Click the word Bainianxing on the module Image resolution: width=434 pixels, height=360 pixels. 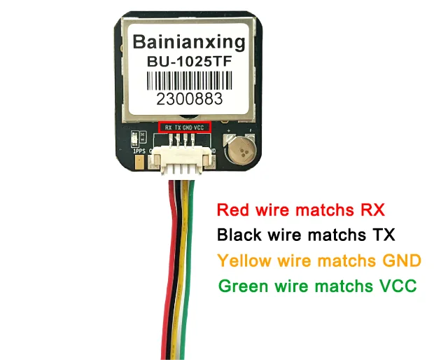[188, 42]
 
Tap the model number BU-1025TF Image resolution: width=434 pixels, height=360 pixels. [188, 61]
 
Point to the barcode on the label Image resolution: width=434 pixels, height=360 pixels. [188, 79]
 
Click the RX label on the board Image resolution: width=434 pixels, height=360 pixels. [168, 127]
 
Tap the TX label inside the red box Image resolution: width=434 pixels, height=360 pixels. [178, 127]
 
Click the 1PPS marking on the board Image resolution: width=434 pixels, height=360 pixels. [139, 151]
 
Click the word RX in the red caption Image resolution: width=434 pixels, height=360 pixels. [370, 209]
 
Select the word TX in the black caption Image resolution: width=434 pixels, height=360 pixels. [381, 234]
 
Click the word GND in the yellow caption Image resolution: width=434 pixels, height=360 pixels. [402, 261]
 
